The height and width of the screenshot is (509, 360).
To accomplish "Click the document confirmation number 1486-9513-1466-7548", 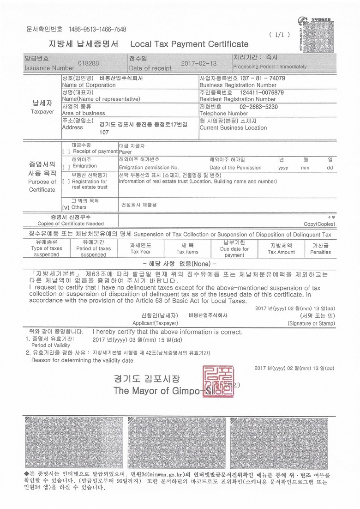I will click(97, 29).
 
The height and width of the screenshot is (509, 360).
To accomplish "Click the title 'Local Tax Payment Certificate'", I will click(189, 44).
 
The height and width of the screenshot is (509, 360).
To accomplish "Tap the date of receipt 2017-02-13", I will click(198, 63).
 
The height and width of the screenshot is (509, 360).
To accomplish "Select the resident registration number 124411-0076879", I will click(262, 92).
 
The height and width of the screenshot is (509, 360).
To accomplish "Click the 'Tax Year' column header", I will click(140, 249).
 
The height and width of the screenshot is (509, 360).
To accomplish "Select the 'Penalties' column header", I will click(320, 249).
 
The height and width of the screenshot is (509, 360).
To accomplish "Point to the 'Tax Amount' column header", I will click(281, 249).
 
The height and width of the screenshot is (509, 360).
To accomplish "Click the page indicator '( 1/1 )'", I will click(279, 35).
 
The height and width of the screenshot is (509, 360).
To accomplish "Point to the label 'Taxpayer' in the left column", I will click(42, 112).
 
